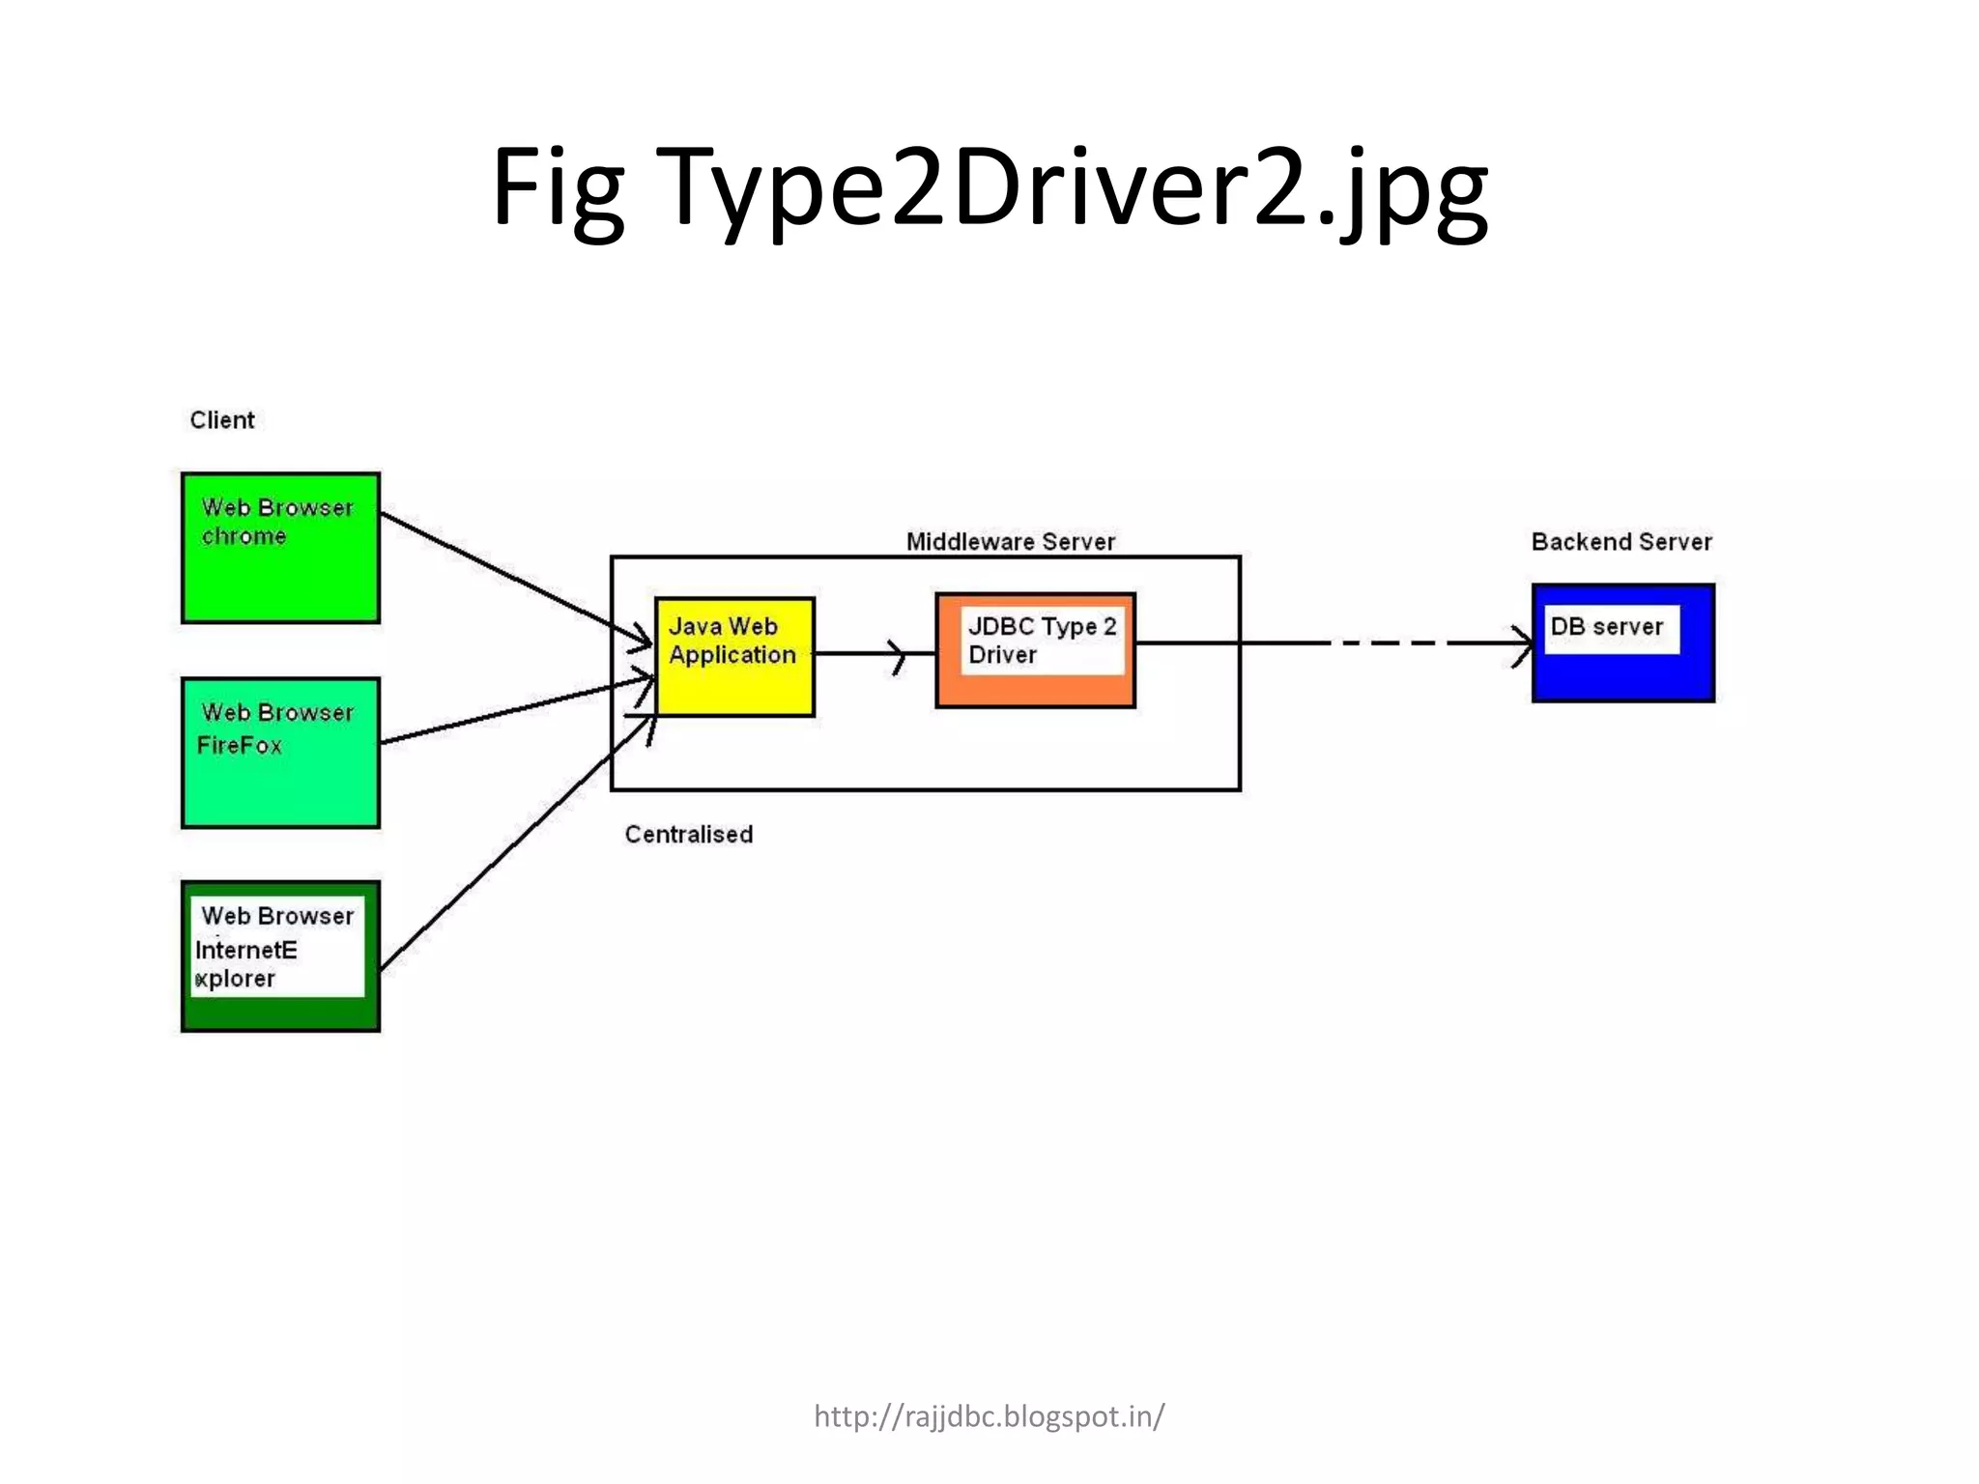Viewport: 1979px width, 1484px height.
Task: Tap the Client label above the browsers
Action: coord(221,420)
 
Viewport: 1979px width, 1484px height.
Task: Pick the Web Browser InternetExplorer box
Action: coord(280,956)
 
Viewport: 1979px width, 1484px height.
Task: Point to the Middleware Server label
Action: coord(1010,542)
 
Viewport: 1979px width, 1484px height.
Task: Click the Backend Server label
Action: coord(1620,542)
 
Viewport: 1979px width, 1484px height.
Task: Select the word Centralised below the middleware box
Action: coord(688,835)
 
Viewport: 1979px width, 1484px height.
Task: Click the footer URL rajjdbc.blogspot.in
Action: coord(989,1416)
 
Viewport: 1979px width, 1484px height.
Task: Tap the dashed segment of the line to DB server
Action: coord(1391,642)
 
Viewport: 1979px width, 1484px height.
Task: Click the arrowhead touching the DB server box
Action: coord(1522,643)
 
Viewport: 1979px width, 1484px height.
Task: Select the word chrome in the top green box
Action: coord(244,536)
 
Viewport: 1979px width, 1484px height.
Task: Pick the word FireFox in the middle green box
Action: coord(239,745)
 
